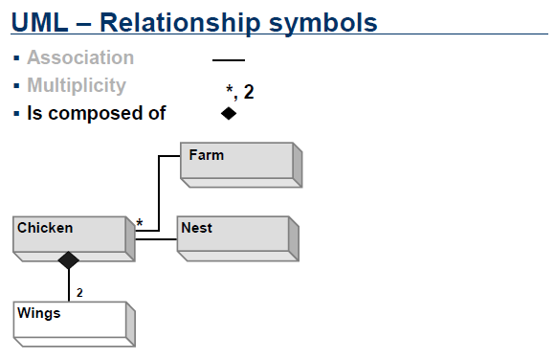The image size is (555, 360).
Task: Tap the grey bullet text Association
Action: (x=80, y=57)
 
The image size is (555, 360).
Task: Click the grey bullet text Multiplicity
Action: (x=77, y=85)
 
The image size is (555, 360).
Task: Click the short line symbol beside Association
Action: (x=228, y=59)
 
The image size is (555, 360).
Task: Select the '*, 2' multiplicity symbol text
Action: (x=239, y=93)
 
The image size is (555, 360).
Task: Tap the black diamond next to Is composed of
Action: (x=228, y=113)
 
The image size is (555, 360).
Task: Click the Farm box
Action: (x=241, y=163)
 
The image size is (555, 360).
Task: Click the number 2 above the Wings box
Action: (x=79, y=292)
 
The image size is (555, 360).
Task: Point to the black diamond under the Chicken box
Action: (x=68, y=259)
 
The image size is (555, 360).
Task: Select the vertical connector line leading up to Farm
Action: (x=157, y=191)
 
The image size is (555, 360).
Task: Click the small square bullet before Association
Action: (x=17, y=58)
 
